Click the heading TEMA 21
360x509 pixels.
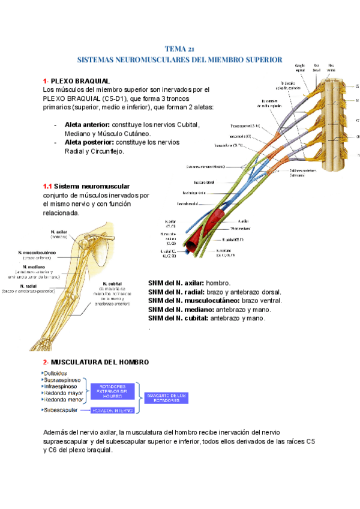click(179, 49)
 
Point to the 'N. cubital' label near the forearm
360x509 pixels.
click(113, 284)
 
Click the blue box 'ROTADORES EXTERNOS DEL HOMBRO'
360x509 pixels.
click(112, 391)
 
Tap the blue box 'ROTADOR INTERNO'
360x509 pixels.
click(112, 411)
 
